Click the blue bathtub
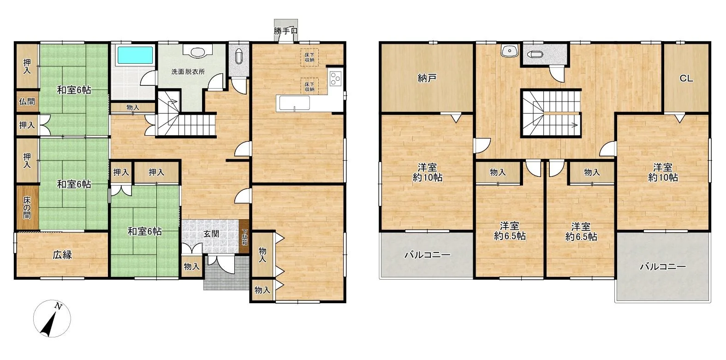point(135,55)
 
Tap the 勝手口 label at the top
point(286,31)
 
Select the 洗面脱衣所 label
point(188,72)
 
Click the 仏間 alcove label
point(27,102)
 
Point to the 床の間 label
point(27,208)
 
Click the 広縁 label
point(62,255)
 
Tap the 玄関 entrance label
point(211,234)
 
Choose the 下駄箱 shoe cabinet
point(245,237)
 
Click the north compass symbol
point(52,318)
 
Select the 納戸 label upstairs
point(427,78)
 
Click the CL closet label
point(686,78)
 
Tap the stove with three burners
point(335,78)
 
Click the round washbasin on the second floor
point(510,51)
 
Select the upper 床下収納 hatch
point(309,57)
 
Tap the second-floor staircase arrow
point(561,125)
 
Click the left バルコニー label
point(427,255)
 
